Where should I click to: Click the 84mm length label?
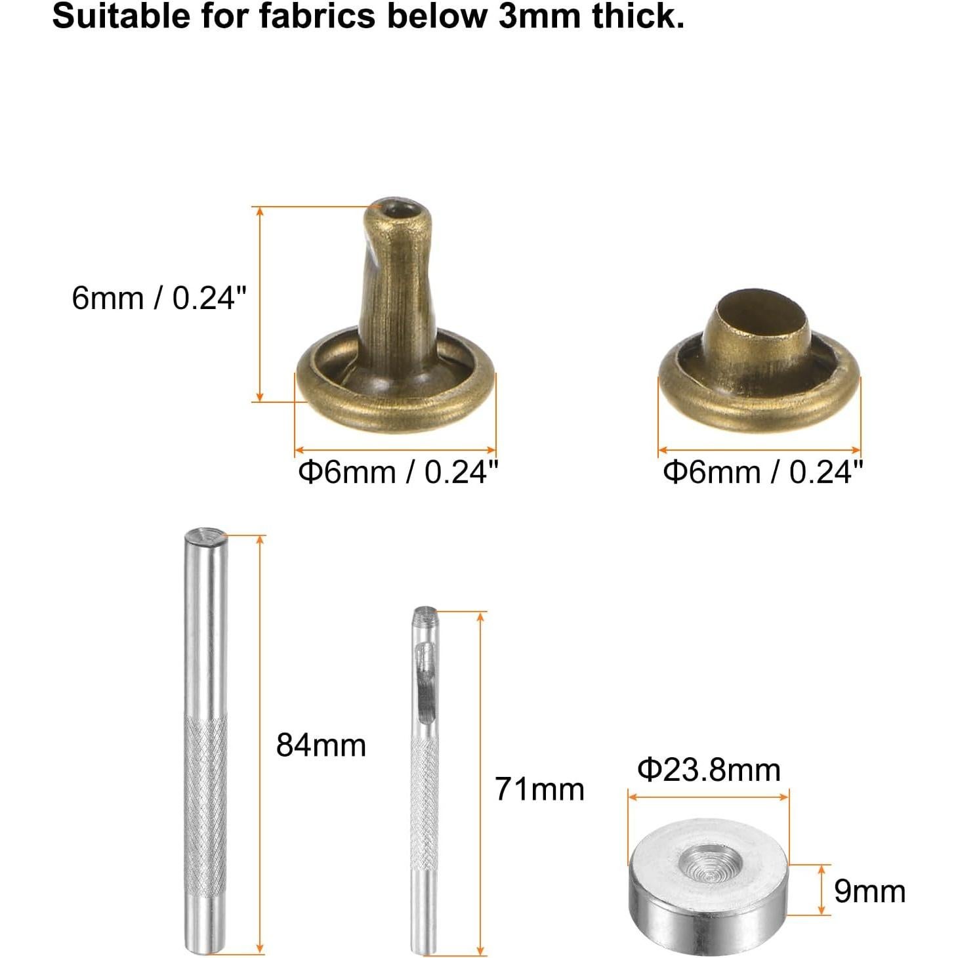pyautogui.click(x=321, y=745)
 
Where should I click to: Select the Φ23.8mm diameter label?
pyautogui.click(x=709, y=770)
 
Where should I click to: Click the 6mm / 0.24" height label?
pyautogui.click(x=159, y=298)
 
